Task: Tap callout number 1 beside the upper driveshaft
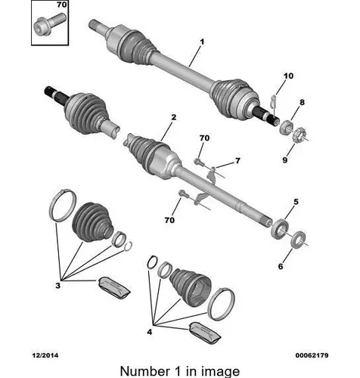202,42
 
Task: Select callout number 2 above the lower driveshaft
174,117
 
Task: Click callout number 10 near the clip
288,76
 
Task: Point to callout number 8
302,102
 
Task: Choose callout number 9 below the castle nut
284,160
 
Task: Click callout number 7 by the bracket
237,160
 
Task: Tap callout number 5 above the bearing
296,202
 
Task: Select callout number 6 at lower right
281,266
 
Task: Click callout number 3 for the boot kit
58,286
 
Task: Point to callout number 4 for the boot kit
150,332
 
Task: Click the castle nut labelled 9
297,135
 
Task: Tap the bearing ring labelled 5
280,228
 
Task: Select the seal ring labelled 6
299,239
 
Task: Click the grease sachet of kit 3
114,289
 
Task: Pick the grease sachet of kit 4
204,333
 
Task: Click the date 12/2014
45,355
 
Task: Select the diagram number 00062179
312,355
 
